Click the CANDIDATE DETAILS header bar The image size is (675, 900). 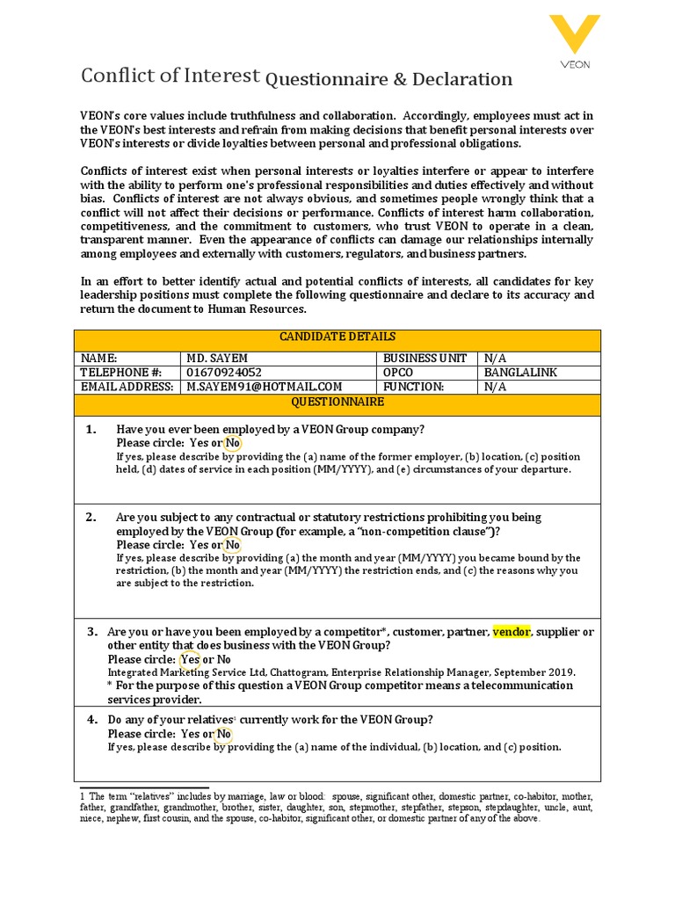click(337, 337)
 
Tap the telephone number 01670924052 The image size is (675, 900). click(224, 373)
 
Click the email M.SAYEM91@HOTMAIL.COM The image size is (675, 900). click(264, 387)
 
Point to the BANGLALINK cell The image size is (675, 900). click(521, 373)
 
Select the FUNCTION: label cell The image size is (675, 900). click(413, 387)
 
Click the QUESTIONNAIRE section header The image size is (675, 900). click(337, 402)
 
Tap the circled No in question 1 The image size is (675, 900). click(233, 443)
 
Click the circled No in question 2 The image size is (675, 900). click(233, 545)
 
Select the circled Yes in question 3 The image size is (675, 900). click(190, 659)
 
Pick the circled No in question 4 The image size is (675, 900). click(224, 734)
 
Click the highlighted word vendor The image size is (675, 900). click(511, 632)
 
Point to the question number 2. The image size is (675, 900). click(91, 518)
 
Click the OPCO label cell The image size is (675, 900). click(397, 373)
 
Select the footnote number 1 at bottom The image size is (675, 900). click(83, 795)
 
